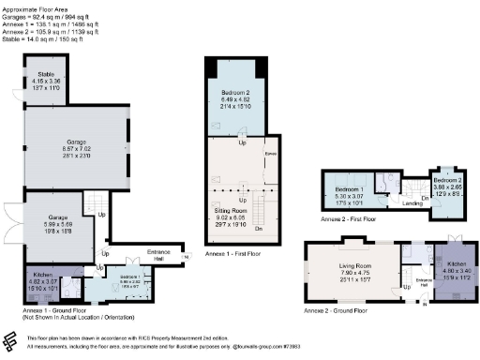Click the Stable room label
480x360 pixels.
[x=45, y=74]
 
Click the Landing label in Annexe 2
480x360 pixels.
[x=410, y=200]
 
